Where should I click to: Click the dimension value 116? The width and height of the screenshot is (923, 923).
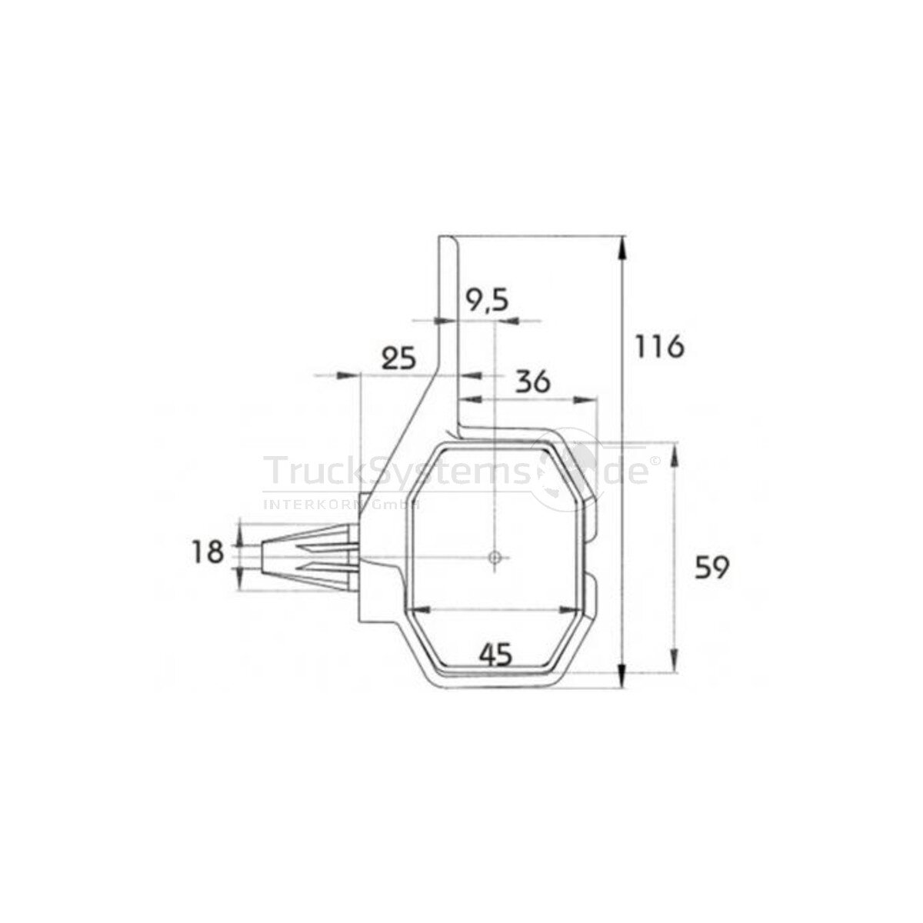coord(660,347)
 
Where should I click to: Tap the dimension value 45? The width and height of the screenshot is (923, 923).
coord(495,655)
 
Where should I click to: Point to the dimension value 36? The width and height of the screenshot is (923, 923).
coord(533,382)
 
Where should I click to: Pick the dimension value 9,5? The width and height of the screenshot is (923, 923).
coord(488,301)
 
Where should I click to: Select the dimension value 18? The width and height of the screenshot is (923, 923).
coord(208,551)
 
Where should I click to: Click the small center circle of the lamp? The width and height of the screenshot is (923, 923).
coord(495,556)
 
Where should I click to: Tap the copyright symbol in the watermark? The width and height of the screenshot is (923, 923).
coord(655,461)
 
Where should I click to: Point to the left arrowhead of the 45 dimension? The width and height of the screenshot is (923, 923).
coord(415,610)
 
